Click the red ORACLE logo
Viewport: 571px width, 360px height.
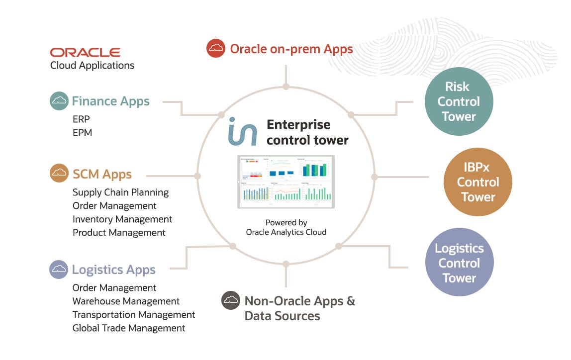(85, 52)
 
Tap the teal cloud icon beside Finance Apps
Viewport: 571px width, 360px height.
(59, 101)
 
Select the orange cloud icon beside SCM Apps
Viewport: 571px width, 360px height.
(59, 174)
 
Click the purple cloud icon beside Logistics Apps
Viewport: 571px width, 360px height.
(59, 270)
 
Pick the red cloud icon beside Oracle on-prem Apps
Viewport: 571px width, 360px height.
(216, 48)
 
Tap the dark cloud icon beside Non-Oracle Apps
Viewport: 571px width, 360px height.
(231, 300)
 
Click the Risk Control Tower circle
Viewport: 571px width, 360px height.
(459, 101)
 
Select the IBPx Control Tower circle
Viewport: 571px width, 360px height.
(477, 182)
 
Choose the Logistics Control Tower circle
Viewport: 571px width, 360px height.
(459, 263)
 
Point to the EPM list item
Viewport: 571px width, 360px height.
(82, 133)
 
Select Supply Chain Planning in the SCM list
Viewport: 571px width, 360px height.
(121, 192)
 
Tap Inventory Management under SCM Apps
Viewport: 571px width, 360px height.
(122, 219)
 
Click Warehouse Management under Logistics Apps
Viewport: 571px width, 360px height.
(126, 301)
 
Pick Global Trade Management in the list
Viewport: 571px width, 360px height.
(129, 328)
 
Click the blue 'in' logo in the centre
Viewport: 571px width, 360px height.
(243, 132)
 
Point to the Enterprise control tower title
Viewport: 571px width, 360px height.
(307, 132)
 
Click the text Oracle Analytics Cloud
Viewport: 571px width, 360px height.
(286, 232)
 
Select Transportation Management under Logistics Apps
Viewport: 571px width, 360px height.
(134, 315)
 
